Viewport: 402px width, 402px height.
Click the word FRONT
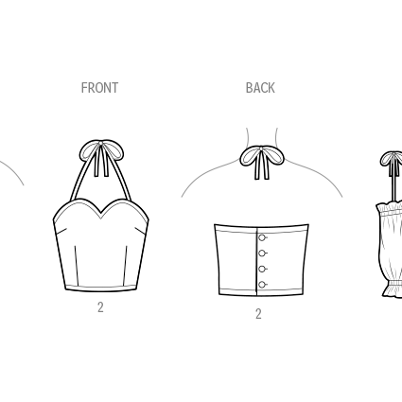(99, 88)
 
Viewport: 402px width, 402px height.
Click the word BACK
(260, 88)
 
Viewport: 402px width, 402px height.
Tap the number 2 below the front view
(100, 307)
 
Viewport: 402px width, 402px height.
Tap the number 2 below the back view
(258, 314)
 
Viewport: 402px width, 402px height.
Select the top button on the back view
(262, 237)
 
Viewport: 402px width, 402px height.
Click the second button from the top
(262, 253)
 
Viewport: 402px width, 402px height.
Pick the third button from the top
(262, 269)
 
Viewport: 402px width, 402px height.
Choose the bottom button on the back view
(262, 285)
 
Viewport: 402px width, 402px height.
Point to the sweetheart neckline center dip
(101, 216)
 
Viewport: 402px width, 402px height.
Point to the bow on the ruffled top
(392, 159)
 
